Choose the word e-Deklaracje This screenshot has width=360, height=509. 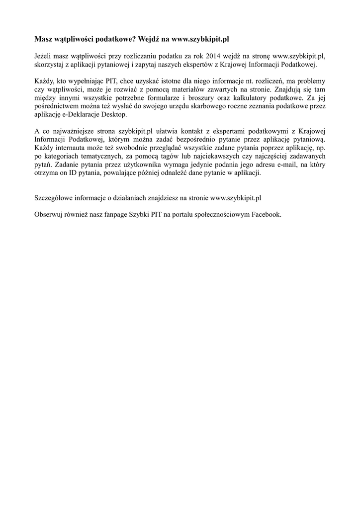pos(79,115)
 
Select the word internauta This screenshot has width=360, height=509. pos(76,148)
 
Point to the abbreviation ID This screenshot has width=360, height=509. pos(76,173)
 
